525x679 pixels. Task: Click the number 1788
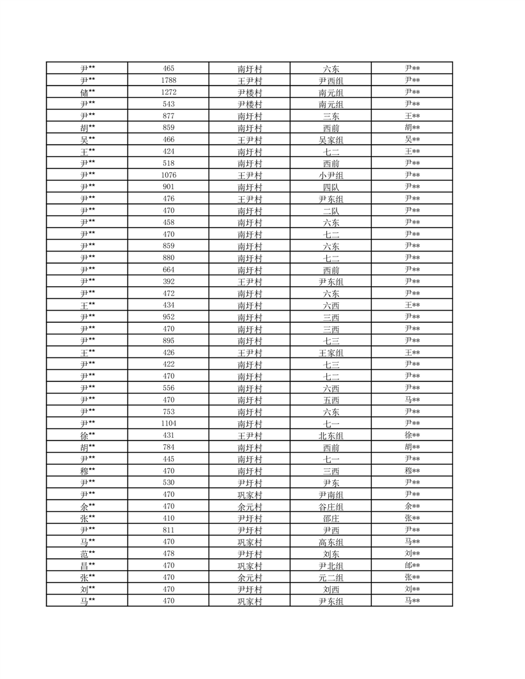(169, 80)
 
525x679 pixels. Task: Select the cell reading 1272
(169, 92)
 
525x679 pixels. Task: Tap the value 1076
(169, 175)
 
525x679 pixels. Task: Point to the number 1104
(169, 423)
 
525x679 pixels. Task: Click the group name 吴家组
(331, 140)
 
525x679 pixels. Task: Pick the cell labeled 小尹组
(331, 175)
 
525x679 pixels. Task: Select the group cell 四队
(331, 186)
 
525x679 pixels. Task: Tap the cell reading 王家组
(331, 352)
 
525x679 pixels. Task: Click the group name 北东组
(331, 435)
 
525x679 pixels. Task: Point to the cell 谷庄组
(331, 506)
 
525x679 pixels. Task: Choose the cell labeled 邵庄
(331, 518)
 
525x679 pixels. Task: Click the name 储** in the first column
(87, 92)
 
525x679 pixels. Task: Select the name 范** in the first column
(87, 554)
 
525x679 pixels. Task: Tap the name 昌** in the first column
(87, 565)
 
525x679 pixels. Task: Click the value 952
(169, 317)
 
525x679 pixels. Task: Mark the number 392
(169, 282)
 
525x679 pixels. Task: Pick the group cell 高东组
(331, 542)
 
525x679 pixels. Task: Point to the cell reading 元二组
(331, 577)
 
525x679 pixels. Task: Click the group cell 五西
(331, 400)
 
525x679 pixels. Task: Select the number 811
(169, 530)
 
